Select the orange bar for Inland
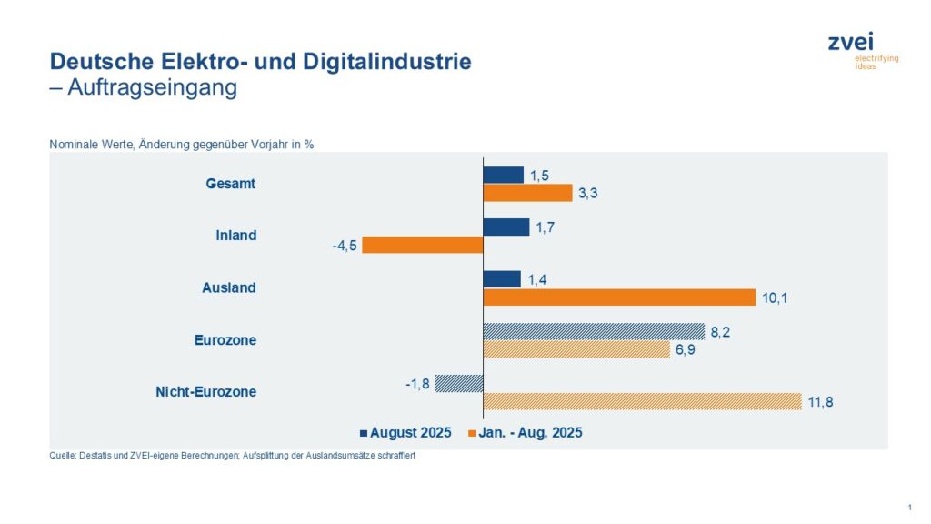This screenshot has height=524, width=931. [x=422, y=245]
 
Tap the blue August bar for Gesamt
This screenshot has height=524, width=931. [x=503, y=175]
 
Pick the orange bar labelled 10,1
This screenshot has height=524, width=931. [x=618, y=297]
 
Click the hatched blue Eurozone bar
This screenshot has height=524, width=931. [x=593, y=332]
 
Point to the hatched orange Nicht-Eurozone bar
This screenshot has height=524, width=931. [x=641, y=401]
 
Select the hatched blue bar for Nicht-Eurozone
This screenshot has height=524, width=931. [x=458, y=383]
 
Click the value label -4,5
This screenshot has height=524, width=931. [x=343, y=245]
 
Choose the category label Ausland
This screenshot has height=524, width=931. [x=229, y=287]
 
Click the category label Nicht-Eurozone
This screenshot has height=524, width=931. [x=207, y=392]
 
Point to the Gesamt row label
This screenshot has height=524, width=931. [x=231, y=183]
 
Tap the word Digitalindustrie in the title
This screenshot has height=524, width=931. [x=393, y=62]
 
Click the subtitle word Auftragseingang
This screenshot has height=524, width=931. [x=152, y=87]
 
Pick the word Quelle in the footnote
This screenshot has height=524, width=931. [x=64, y=456]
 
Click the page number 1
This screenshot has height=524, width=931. [x=909, y=506]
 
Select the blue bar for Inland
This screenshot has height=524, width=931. [x=506, y=227]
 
